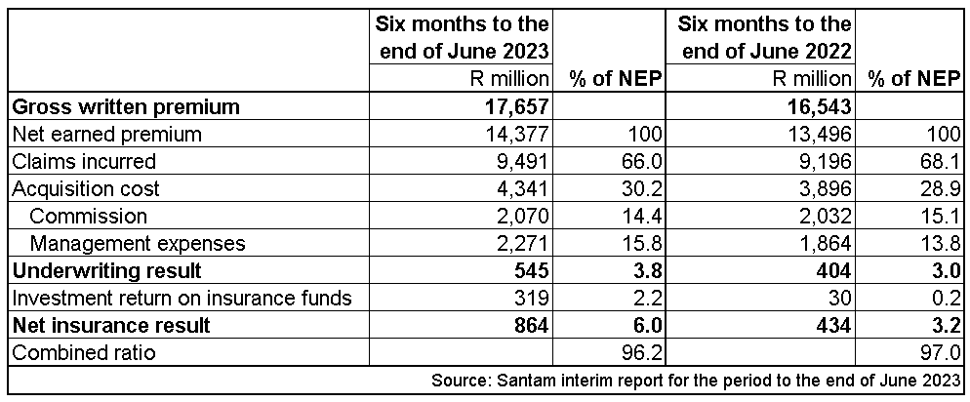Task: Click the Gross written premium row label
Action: pos(125,106)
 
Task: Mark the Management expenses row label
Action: pos(138,243)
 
